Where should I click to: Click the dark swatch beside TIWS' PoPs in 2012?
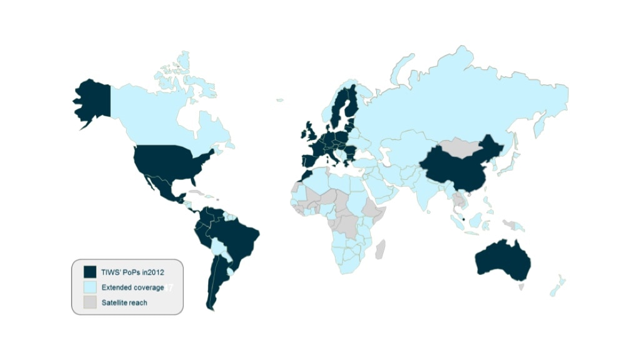point(90,271)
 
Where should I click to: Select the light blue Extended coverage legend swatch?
point(90,287)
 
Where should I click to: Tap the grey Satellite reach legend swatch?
point(90,302)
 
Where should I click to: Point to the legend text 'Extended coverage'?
point(132,287)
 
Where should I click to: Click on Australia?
point(502,260)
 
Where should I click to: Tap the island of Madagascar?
point(379,249)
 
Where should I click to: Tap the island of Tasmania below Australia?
point(521,287)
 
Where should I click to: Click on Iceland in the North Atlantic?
point(279,99)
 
